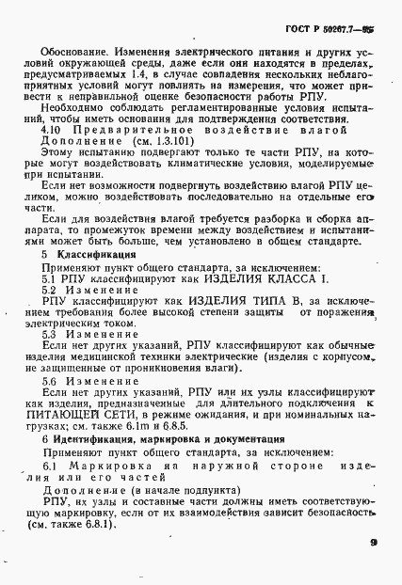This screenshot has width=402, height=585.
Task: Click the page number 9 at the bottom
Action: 374,542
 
